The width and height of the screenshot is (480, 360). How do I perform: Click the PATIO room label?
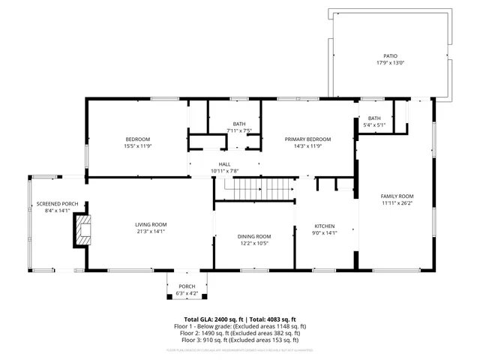pos(390,56)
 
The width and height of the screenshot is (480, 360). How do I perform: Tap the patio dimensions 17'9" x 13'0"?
pos(390,63)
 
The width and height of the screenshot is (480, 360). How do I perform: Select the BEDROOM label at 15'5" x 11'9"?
pos(138,139)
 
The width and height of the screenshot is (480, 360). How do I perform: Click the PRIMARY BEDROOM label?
pos(307,139)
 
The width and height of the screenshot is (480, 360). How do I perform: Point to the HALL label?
pos(224,164)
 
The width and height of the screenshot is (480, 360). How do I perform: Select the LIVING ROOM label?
pos(151,225)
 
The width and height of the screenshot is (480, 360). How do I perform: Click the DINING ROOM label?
pos(253,237)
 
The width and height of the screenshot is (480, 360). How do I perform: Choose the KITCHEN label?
pos(324,226)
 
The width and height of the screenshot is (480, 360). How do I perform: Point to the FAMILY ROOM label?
pos(397,196)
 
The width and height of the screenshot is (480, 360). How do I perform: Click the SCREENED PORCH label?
pos(52,204)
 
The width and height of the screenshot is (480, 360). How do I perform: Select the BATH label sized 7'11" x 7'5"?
pos(238,124)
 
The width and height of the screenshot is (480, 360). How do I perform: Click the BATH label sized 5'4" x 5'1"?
pos(374,118)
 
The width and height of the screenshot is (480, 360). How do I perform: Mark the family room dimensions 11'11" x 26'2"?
pos(397,203)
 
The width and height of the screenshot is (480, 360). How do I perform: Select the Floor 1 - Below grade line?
pos(240,326)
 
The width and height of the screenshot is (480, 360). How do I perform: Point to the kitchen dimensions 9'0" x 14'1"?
pos(324,232)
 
